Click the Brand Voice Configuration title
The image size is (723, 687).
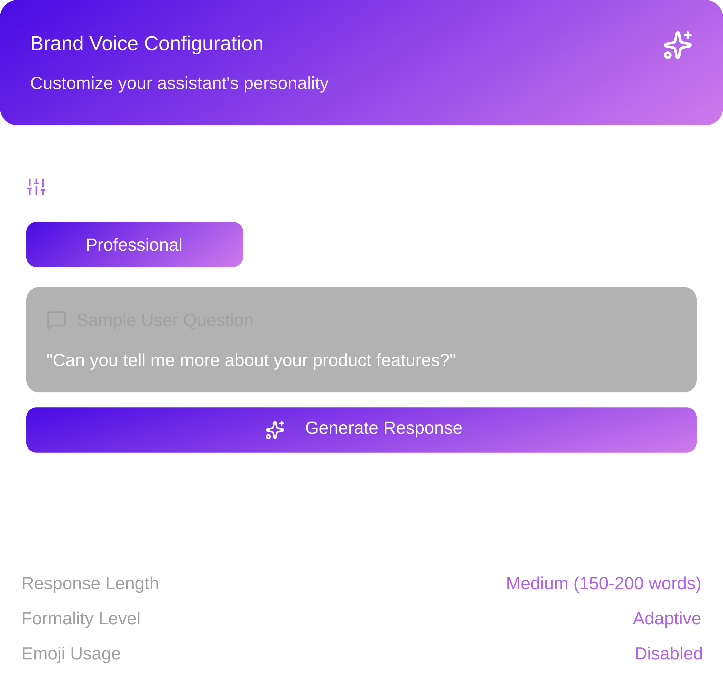147,44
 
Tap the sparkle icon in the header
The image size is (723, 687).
677,45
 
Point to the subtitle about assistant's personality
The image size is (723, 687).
179,83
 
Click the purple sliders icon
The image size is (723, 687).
36,187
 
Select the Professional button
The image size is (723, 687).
135,245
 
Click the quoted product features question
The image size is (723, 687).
251,360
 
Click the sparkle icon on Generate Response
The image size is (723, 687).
275,430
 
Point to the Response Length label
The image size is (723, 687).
90,583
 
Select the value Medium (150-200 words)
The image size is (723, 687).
603,583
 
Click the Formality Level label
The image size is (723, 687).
81,619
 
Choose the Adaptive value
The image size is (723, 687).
667,619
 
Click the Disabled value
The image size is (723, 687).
668,654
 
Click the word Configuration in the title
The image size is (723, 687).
204,44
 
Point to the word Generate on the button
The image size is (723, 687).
341,428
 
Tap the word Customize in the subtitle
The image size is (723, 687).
72,83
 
